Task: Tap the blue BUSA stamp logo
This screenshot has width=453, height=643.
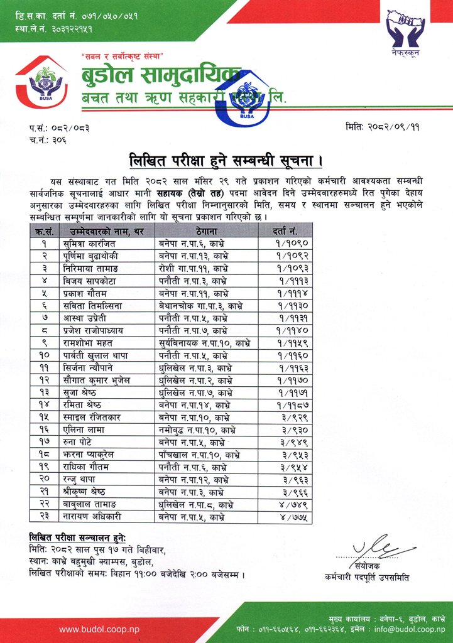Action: (246, 100)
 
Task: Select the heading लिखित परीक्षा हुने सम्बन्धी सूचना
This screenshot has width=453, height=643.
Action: (226, 158)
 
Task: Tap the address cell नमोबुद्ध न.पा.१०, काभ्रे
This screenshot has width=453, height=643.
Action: (197, 430)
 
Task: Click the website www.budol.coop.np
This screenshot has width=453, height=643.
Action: (99, 629)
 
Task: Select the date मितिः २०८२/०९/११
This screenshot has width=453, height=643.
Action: (382, 127)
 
